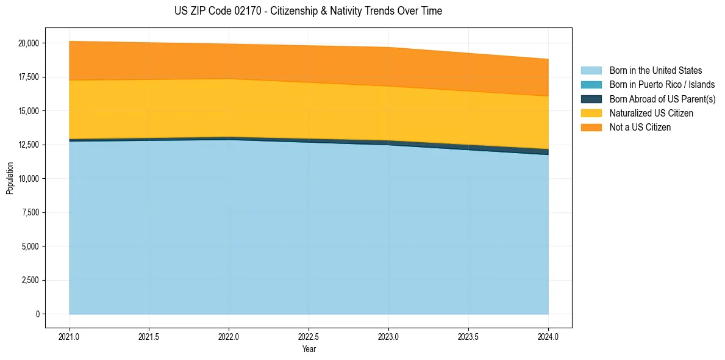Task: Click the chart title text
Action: pyautogui.click(x=308, y=11)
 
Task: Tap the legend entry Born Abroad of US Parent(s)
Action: pyautogui.click(x=662, y=99)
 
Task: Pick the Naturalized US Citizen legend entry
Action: pyautogui.click(x=651, y=113)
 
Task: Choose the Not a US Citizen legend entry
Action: pyautogui.click(x=640, y=128)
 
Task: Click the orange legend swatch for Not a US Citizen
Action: pyautogui.click(x=591, y=128)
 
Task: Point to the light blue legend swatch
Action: pyautogui.click(x=591, y=71)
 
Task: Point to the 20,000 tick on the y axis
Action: pyautogui.click(x=29, y=43)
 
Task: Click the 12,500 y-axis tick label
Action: pyautogui.click(x=29, y=145)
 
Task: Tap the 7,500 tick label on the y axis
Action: pyautogui.click(x=30, y=212)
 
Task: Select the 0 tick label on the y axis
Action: pyautogui.click(x=37, y=314)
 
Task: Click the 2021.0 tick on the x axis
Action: pyautogui.click(x=70, y=336)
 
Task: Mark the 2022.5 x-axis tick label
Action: pyautogui.click(x=309, y=336)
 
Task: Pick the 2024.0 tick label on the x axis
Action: pyautogui.click(x=548, y=336)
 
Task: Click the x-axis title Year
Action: pyautogui.click(x=309, y=349)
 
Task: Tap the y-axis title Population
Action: pyautogui.click(x=10, y=179)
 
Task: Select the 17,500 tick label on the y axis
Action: pyautogui.click(x=29, y=77)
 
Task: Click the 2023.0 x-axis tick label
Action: pyautogui.click(x=388, y=336)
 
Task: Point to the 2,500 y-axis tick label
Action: pyautogui.click(x=30, y=280)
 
